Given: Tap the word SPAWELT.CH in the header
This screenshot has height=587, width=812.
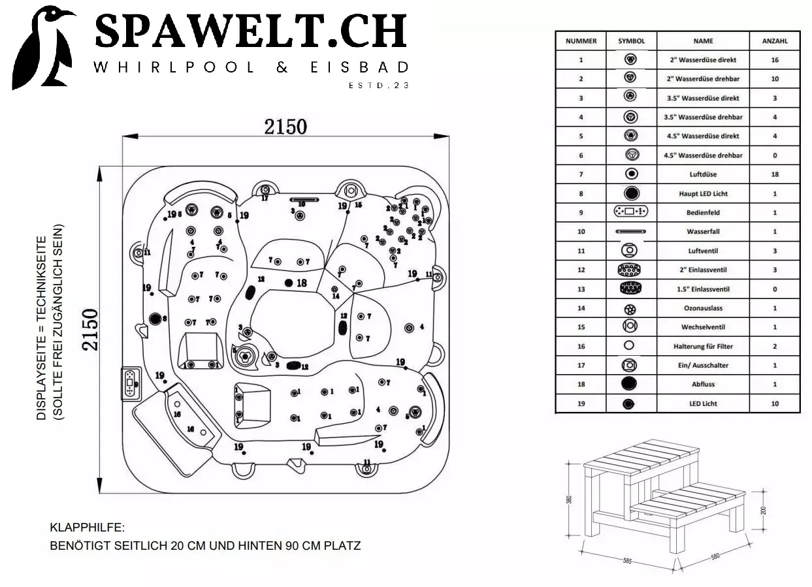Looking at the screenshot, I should pyautogui.click(x=252, y=31).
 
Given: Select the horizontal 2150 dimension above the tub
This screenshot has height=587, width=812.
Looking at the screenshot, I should pyautogui.click(x=285, y=126).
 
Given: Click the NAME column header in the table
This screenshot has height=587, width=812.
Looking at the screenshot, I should pyautogui.click(x=703, y=40).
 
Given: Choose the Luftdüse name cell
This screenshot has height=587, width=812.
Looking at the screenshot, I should pyautogui.click(x=703, y=174).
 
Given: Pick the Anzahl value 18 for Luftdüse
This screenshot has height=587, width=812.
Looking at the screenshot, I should pyautogui.click(x=775, y=174).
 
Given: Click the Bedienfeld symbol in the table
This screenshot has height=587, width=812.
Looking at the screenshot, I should pyautogui.click(x=631, y=212).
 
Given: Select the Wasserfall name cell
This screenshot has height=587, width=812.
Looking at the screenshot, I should pyautogui.click(x=703, y=232).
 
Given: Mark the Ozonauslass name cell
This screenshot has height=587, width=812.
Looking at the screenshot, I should pyautogui.click(x=703, y=308).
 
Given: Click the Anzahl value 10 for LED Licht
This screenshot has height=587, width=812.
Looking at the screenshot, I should pyautogui.click(x=775, y=404).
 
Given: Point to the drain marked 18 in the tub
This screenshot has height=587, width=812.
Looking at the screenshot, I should pyautogui.click(x=289, y=283).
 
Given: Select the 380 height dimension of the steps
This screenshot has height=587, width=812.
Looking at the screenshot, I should pyautogui.click(x=570, y=500).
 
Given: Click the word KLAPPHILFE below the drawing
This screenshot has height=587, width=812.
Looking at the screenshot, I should pyautogui.click(x=87, y=528).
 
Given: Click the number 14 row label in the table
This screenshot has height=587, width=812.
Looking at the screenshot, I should pyautogui.click(x=581, y=308).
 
